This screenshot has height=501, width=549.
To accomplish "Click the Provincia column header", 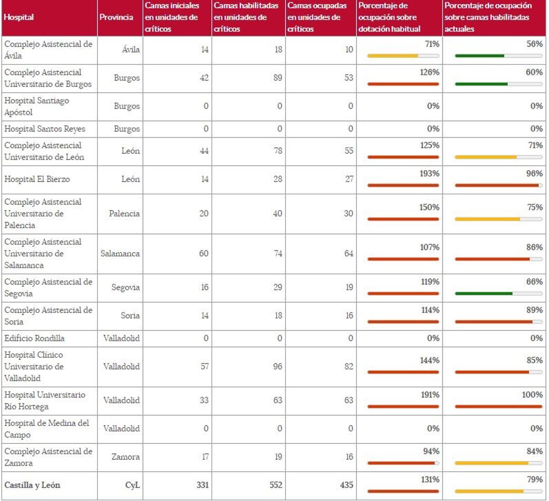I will pyautogui.click(x=116, y=17).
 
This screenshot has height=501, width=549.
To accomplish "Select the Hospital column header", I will pyautogui.click(x=19, y=17).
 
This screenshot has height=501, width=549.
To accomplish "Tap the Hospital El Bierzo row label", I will pyautogui.click(x=37, y=179).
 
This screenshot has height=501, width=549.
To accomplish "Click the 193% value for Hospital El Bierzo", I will pyautogui.click(x=429, y=174).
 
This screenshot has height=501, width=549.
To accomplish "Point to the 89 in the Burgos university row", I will pyautogui.click(x=277, y=78).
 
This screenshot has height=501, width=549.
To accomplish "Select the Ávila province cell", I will pyautogui.click(x=131, y=50).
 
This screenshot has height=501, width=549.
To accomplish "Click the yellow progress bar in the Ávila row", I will pyautogui.click(x=393, y=56).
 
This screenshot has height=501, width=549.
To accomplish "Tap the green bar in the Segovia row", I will pyautogui.click(x=484, y=294).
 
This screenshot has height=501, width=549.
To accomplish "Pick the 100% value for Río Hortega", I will pyautogui.click(x=532, y=395).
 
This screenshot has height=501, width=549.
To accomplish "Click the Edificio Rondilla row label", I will pyautogui.click(x=34, y=339).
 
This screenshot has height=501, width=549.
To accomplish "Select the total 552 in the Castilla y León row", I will pyautogui.click(x=276, y=485).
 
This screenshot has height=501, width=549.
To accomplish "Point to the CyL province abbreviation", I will pyautogui.click(x=132, y=485).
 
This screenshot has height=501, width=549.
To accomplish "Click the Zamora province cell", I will pyautogui.click(x=125, y=457).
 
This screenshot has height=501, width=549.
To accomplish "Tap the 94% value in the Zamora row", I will pyautogui.click(x=431, y=452).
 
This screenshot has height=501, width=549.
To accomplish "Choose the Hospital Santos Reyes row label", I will pyautogui.click(x=45, y=129).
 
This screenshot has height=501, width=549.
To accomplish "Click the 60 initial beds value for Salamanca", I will pyautogui.click(x=204, y=253).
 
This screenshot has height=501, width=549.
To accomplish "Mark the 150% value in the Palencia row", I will pyautogui.click(x=429, y=207).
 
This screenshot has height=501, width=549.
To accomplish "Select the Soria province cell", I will pyautogui.click(x=130, y=316).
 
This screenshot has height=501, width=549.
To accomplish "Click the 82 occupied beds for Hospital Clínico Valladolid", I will pyautogui.click(x=349, y=366).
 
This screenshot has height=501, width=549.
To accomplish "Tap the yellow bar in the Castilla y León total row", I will pyautogui.click(x=489, y=491).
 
